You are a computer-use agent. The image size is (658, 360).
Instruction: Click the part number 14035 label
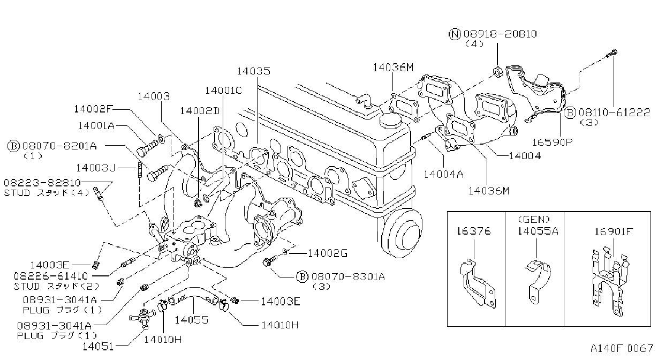[x=253, y=71]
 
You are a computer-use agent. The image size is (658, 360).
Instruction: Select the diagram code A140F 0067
[x=622, y=349]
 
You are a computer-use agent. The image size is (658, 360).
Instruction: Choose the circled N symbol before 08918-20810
[x=455, y=34]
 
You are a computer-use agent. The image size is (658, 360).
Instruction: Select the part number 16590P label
[x=553, y=142]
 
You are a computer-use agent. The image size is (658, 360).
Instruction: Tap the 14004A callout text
[x=443, y=175]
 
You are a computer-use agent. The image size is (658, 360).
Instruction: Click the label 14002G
[x=328, y=253]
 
